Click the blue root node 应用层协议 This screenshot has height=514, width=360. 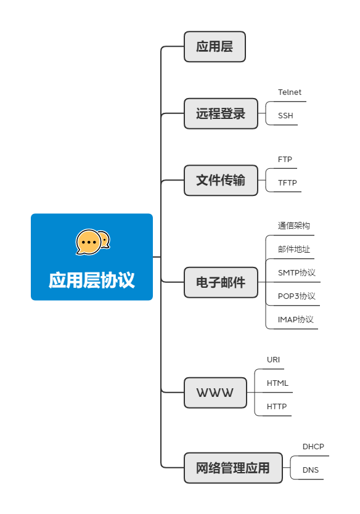pyautogui.click(x=91, y=257)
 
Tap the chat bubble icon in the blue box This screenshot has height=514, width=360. pyautogui.click(x=92, y=242)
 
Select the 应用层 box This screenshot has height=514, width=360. pyautogui.click(x=215, y=47)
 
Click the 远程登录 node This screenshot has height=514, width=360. pyautogui.click(x=221, y=113)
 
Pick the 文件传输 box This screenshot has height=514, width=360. pyautogui.click(x=221, y=180)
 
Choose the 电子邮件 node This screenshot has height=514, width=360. pyautogui.click(x=221, y=282)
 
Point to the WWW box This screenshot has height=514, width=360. pyautogui.click(x=215, y=393)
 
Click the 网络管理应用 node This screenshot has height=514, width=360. pyautogui.click(x=233, y=468)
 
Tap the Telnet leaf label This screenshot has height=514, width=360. pyautogui.click(x=290, y=92)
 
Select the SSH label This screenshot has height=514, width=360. pyautogui.click(x=285, y=116)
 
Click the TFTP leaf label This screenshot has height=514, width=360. pyautogui.click(x=287, y=183)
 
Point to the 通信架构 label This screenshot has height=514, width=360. pyautogui.click(x=293, y=226)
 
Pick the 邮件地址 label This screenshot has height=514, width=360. pyautogui.click(x=293, y=250)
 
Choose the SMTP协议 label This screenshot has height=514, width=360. pyautogui.click(x=297, y=273)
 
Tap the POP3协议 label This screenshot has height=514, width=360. pyautogui.click(x=297, y=296)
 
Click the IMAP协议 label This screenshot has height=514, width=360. pyautogui.click(x=296, y=320)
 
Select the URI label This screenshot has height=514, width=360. pyautogui.click(x=274, y=360)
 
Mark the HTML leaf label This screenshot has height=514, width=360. pyautogui.click(x=277, y=383)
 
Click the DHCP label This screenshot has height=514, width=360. pyautogui.click(x=313, y=447)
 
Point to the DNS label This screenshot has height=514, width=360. pyautogui.click(x=311, y=470)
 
